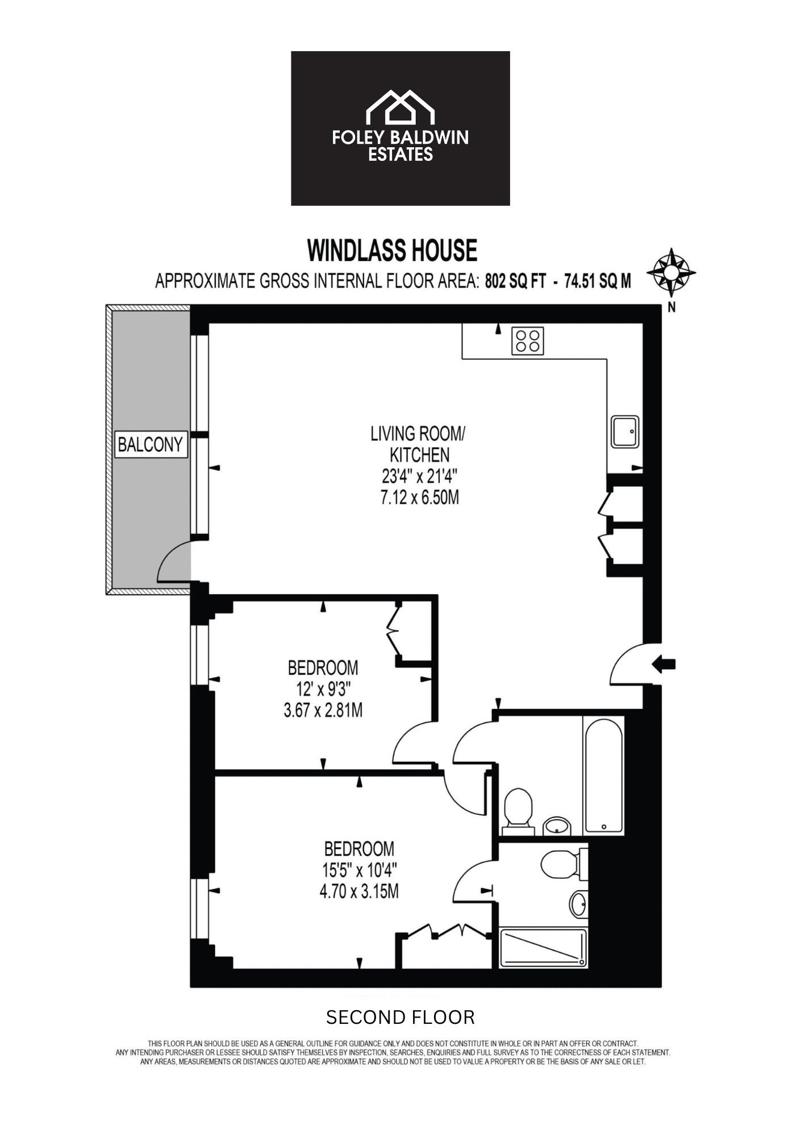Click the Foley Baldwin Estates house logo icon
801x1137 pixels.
[400, 107]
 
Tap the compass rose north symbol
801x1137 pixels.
[671, 272]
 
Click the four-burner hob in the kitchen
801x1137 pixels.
[527, 341]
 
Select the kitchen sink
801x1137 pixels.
[625, 432]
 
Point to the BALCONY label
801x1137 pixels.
[150, 444]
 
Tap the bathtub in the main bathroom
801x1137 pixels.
[603, 775]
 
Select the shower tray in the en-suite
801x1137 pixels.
[543, 948]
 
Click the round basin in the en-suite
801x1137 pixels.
[578, 903]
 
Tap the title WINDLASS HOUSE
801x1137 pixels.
[392, 250]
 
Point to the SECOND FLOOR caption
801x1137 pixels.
[400, 1017]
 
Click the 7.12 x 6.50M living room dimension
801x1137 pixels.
[419, 497]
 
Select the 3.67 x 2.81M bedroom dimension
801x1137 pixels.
[323, 710]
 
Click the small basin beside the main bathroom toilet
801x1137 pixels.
[557, 826]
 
